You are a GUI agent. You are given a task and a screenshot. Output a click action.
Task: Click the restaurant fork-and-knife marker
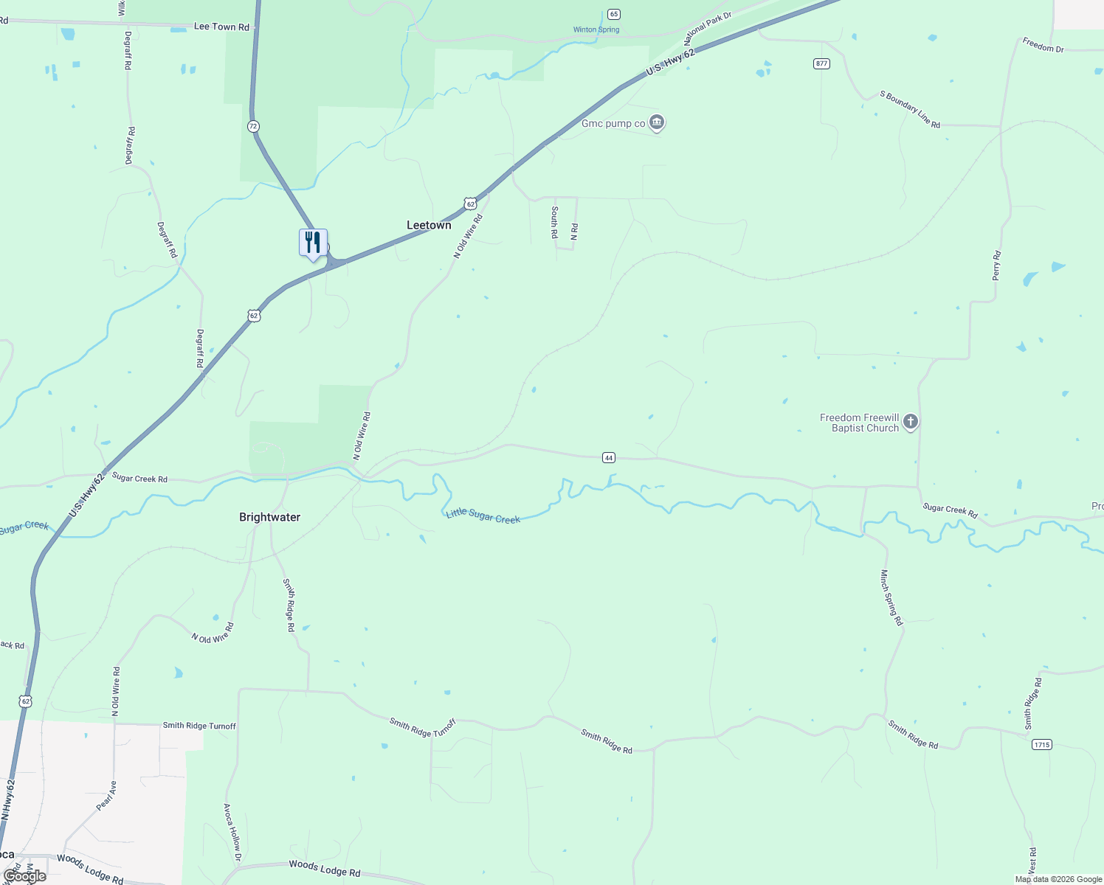[313, 243]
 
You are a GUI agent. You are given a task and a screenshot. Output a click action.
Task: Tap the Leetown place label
[429, 225]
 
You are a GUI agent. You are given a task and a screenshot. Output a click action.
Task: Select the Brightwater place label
[269, 517]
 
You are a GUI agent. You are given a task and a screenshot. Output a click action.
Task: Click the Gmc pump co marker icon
[657, 122]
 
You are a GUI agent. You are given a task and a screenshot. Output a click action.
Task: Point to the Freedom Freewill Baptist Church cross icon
[911, 422]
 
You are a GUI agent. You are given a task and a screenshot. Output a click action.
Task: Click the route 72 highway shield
[253, 126]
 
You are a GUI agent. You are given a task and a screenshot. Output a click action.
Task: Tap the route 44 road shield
[608, 458]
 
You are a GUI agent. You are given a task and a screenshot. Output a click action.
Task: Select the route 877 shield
[822, 63]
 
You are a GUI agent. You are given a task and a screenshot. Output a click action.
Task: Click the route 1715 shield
[1041, 745]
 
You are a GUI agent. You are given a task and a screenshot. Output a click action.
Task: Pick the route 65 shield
[614, 14]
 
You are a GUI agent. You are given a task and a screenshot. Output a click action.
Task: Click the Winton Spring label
[596, 30]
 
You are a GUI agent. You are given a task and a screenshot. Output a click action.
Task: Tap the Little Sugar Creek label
[483, 516]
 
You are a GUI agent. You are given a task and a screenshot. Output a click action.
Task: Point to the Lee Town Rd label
[221, 27]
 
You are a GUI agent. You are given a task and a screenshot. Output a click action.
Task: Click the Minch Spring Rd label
[891, 597]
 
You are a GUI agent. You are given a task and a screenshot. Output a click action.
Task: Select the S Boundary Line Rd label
[910, 109]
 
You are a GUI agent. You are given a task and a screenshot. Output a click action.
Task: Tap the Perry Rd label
[996, 265]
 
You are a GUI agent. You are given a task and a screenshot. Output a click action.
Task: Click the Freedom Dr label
[1043, 45]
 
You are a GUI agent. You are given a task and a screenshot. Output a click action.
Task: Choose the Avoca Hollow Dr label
[232, 832]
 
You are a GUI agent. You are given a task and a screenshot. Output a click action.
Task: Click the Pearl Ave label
[107, 796]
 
